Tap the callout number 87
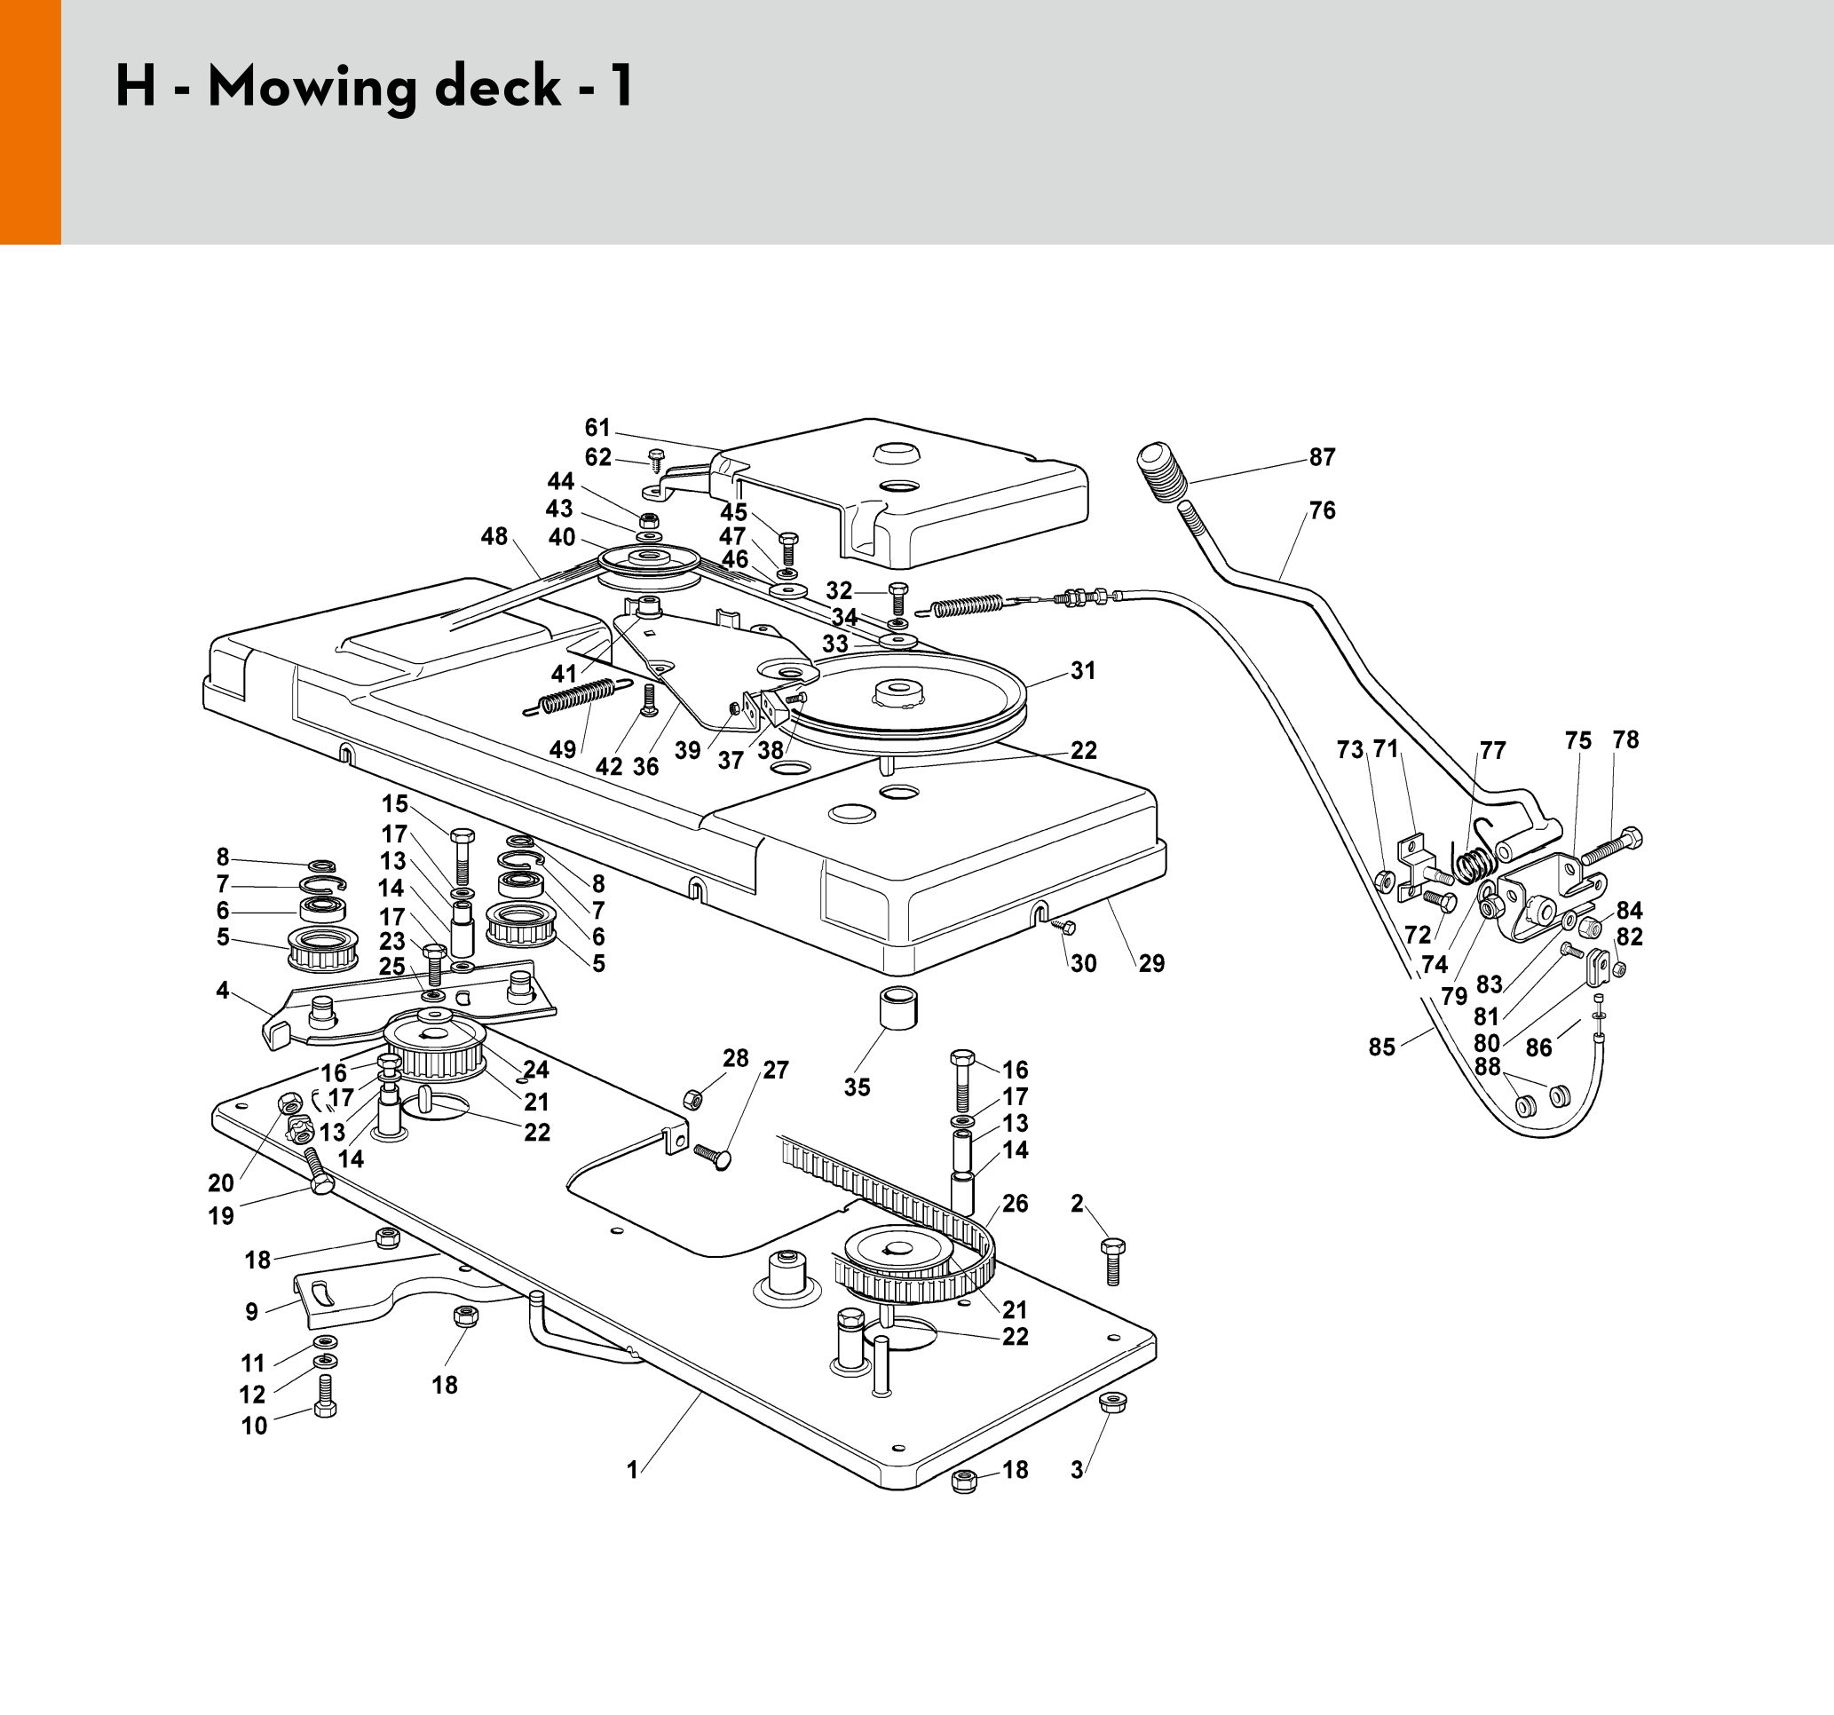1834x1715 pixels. click(x=1322, y=457)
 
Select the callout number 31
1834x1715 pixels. click(x=1083, y=671)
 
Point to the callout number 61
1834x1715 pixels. click(x=597, y=428)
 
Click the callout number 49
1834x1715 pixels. click(x=563, y=749)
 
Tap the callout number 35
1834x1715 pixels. click(x=857, y=1087)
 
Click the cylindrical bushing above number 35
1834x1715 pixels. click(x=898, y=1009)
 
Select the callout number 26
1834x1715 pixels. click(x=1015, y=1203)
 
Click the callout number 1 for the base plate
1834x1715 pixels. click(x=632, y=1471)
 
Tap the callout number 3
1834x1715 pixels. click(x=1077, y=1471)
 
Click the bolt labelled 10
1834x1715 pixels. click(x=325, y=1395)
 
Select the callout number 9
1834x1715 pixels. click(x=252, y=1312)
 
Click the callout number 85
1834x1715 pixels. click(x=1382, y=1047)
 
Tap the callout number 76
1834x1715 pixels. click(x=1322, y=511)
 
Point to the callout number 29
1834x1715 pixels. click(x=1151, y=963)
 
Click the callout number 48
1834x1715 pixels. click(x=494, y=536)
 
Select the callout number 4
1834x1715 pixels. click(x=222, y=990)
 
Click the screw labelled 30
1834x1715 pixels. click(x=1063, y=926)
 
